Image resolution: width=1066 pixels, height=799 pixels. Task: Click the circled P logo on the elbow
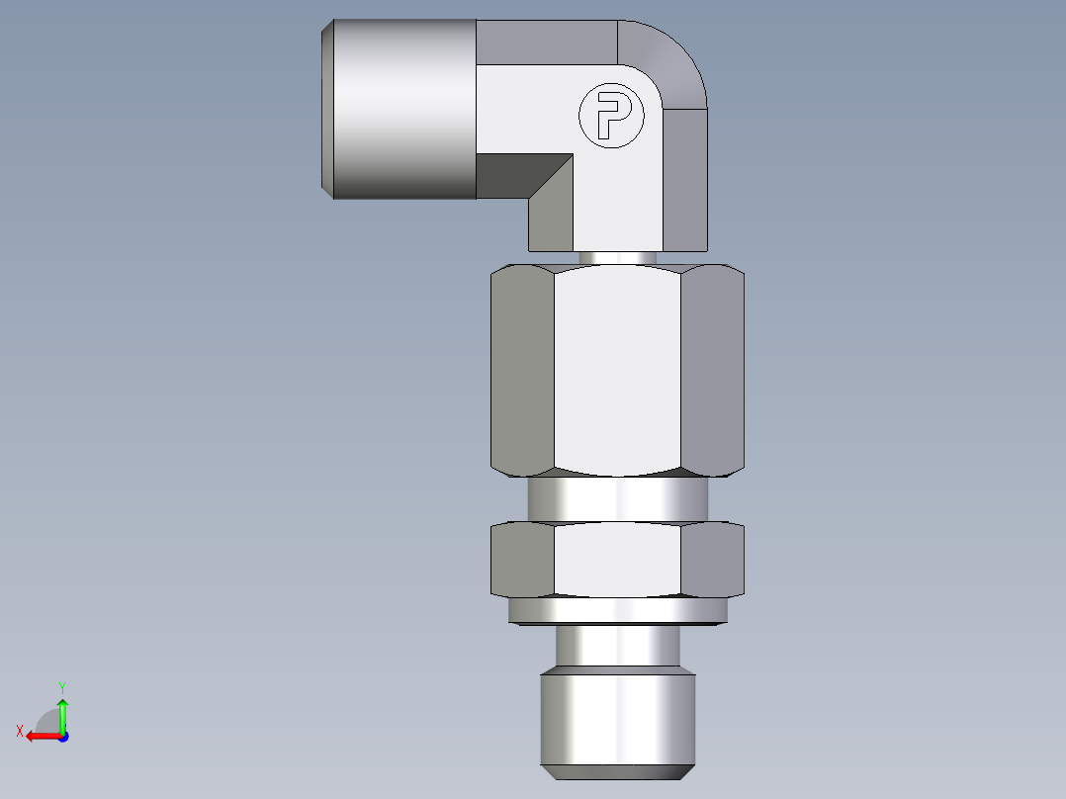(610, 116)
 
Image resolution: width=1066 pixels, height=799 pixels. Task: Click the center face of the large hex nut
(617, 371)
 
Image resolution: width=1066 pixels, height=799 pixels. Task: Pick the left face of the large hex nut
(522, 371)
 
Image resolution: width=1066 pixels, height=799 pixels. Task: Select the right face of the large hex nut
(712, 371)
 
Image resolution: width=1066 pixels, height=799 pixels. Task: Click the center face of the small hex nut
(617, 560)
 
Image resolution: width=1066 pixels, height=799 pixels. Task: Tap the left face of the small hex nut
(522, 560)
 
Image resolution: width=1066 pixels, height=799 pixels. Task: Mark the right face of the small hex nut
(712, 560)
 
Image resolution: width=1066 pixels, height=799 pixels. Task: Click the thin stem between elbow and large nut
(617, 257)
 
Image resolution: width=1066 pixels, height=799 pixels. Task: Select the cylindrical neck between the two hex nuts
(617, 499)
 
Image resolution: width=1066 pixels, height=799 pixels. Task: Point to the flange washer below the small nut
(617, 611)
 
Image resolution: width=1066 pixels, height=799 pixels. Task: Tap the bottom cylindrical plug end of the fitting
(617, 717)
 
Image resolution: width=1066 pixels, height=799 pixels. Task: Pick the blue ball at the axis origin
(62, 736)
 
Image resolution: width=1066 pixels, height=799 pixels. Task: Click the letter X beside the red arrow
(20, 731)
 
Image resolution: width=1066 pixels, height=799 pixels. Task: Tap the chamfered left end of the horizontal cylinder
(327, 109)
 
